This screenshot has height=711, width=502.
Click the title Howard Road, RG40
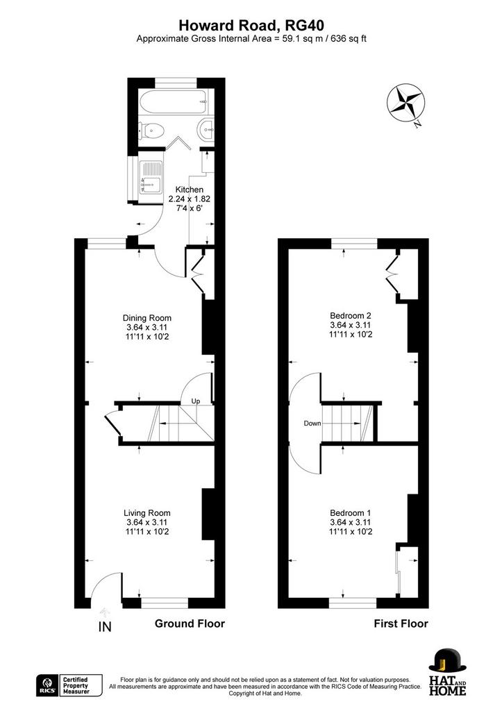click(x=251, y=24)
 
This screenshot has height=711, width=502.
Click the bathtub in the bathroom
click(x=173, y=103)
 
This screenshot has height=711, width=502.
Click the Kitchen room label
click(x=189, y=190)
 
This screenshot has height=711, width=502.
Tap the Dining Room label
click(x=147, y=318)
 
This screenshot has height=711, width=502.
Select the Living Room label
click(x=147, y=513)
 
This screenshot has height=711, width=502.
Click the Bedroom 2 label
click(x=351, y=316)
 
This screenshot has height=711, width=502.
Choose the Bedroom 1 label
click(x=351, y=513)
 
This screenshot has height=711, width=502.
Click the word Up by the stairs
click(x=195, y=401)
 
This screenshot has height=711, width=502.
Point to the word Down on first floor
click(x=312, y=423)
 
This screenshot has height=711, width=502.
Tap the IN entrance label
click(x=105, y=627)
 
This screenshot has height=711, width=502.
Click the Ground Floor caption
click(x=190, y=624)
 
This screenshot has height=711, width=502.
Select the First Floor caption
click(x=401, y=624)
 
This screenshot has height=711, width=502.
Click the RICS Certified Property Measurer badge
click(x=69, y=685)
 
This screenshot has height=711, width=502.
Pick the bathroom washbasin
click(x=207, y=130)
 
